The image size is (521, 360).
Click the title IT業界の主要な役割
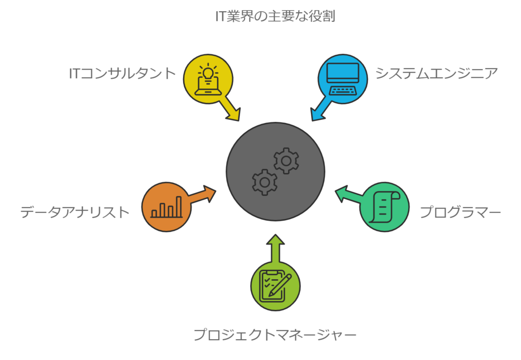275,16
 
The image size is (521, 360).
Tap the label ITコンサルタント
122,73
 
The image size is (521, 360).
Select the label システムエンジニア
437,73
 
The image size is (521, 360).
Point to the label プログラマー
460,212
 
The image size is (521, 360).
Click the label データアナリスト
75,212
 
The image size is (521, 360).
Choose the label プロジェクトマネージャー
275,335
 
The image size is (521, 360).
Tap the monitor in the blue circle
342,73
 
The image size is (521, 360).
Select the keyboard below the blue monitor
342,90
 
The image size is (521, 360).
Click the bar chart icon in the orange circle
166,207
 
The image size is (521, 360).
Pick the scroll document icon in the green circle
385,206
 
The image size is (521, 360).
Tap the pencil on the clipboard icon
280,285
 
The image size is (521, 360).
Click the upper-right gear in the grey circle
286,161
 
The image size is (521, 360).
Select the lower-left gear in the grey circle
265,182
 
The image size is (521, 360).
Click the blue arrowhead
317,114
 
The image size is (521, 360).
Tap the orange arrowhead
210,194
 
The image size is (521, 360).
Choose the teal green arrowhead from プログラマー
341,194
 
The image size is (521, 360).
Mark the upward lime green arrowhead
275,240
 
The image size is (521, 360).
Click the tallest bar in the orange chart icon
179,207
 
